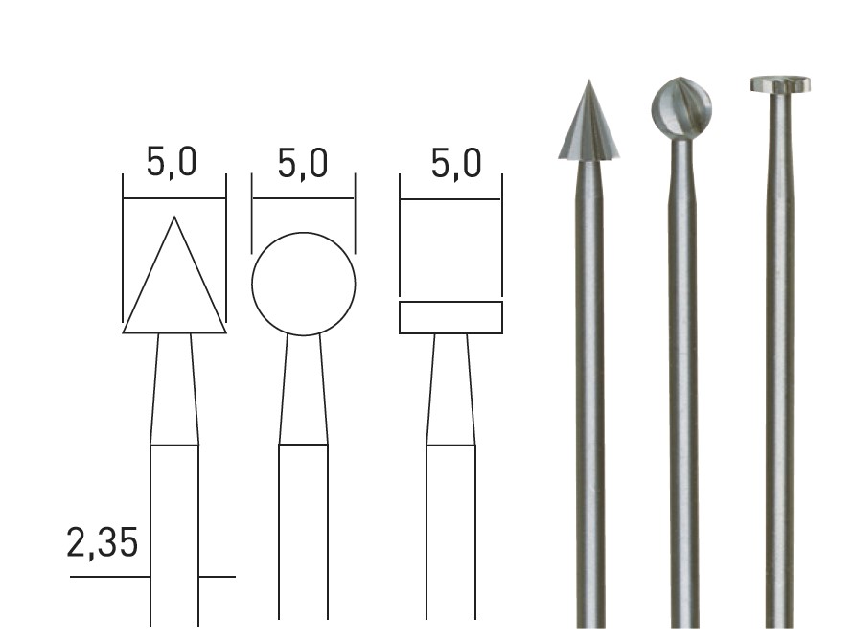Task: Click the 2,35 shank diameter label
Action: [102, 542]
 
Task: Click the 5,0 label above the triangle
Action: [172, 162]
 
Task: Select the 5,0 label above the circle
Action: [303, 163]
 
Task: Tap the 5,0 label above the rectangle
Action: [456, 163]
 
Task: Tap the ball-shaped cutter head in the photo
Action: [681, 108]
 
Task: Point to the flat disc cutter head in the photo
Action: [780, 83]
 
